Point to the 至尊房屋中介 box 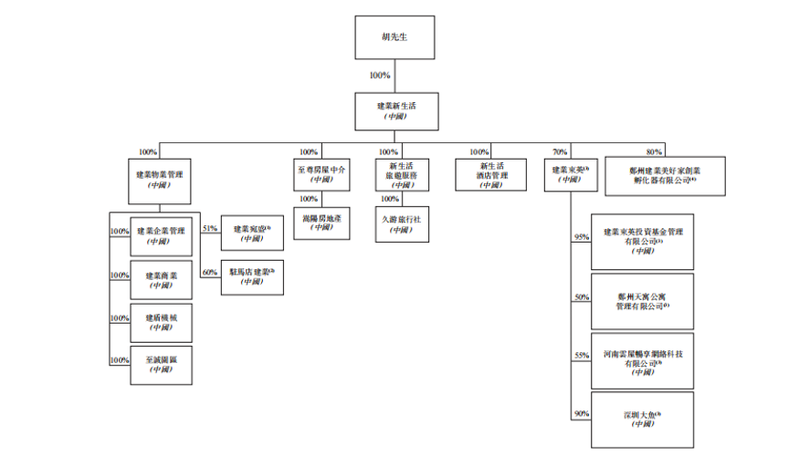(321, 173)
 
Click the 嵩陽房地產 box (321, 222)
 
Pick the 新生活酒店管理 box (492, 173)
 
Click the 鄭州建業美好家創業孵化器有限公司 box (666, 175)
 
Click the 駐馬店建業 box (251, 277)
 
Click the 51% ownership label (209, 228)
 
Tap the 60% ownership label (210, 272)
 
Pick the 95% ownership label (582, 237)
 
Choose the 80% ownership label (653, 151)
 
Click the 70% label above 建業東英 (560, 151)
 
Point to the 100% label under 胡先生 (380, 76)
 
